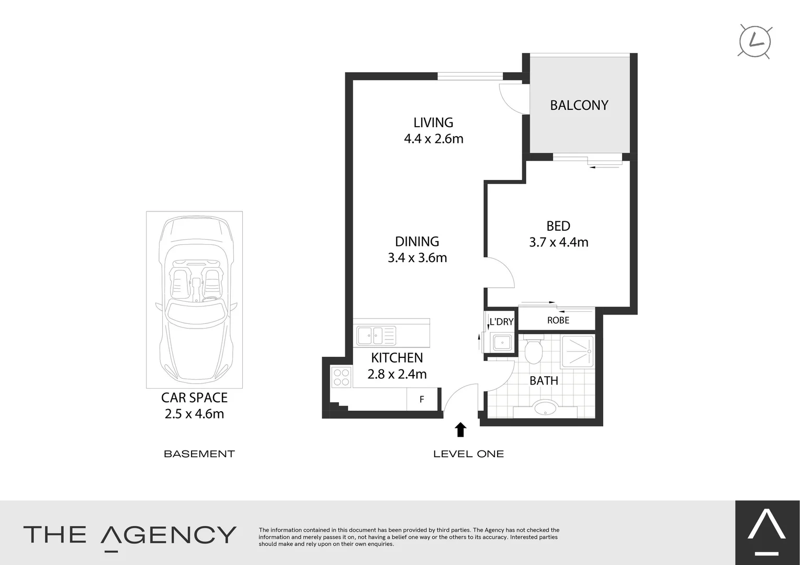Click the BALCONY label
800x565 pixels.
coord(579,105)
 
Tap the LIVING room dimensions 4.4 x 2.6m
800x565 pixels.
coord(433,139)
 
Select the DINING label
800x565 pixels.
coord(416,241)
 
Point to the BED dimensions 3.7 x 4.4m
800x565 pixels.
coord(558,242)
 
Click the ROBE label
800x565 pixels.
coord(558,320)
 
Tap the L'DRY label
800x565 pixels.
coord(501,322)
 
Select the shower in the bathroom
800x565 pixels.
coord(577,351)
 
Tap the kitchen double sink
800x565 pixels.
coord(376,335)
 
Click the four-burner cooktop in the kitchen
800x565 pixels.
coord(341,378)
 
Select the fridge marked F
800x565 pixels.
coord(422,400)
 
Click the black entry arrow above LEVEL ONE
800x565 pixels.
coord(460,430)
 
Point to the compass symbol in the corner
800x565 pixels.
coord(754,41)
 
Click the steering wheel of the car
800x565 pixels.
coord(210,300)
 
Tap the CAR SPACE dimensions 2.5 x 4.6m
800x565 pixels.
coord(194,414)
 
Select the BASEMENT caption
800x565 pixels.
coord(199,454)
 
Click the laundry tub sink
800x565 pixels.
coord(502,343)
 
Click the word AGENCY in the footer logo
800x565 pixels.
coord(168,535)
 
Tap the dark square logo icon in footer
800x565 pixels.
coord(767,533)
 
